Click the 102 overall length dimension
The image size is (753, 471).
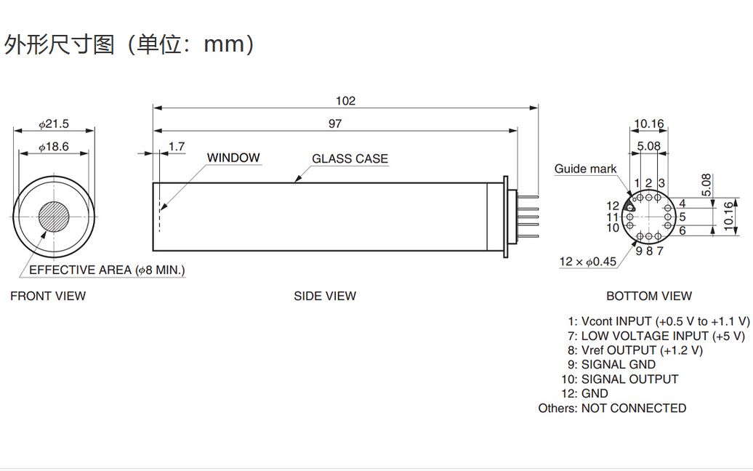345,100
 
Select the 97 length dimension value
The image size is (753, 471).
334,124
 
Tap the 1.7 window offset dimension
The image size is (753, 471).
176,147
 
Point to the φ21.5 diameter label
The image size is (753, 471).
54,124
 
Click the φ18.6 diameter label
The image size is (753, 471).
54,147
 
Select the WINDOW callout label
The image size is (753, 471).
233,158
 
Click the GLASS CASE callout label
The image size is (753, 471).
350,158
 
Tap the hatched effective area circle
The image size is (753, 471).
54,216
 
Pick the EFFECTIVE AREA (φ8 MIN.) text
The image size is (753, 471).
107,270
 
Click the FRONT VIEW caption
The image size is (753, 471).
48,296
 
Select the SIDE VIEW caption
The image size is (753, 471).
325,296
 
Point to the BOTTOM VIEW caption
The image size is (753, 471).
649,296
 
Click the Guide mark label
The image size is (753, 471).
585,169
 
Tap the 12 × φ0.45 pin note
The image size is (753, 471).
587,262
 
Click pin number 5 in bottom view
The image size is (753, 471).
682,217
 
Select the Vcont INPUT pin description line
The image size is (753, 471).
659,321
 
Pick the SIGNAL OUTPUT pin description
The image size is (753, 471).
629,379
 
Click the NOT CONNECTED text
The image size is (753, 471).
634,408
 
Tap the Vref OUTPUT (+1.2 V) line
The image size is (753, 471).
642,350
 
